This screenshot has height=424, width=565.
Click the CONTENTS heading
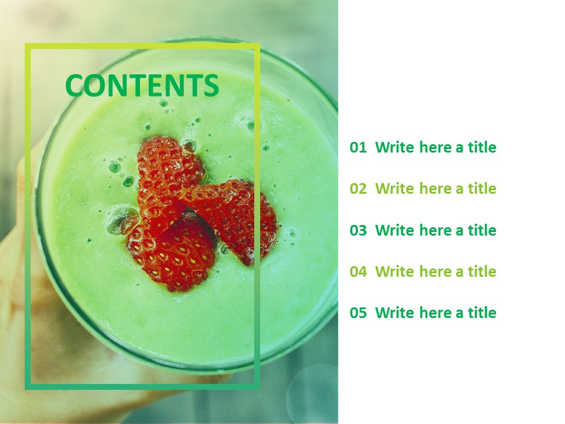tap(142, 86)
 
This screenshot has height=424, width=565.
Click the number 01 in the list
tap(358, 148)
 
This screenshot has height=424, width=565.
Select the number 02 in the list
tap(358, 189)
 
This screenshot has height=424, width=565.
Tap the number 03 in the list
tap(358, 230)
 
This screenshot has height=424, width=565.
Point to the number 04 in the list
tap(358, 271)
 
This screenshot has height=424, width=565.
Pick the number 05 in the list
tap(358, 313)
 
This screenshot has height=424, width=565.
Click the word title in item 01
tap(482, 148)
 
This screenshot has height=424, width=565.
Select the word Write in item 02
tap(395, 189)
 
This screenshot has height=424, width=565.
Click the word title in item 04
tap(482, 271)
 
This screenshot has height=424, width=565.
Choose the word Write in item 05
tap(395, 313)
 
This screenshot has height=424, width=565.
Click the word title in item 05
tap(482, 313)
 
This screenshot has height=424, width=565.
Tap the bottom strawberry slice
tap(174, 250)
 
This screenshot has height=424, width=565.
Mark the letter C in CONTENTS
tap(75, 86)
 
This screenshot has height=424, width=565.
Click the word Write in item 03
tap(395, 230)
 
